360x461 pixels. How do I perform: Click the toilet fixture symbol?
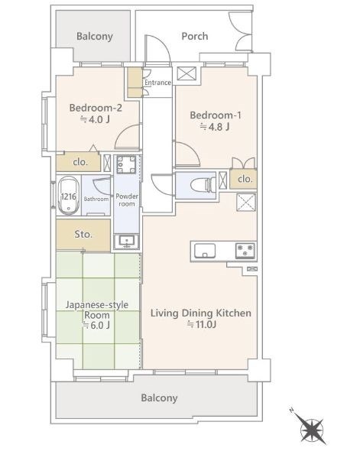(203, 186)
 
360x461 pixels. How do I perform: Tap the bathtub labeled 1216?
(69, 195)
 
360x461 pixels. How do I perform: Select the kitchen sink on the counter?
(205, 251)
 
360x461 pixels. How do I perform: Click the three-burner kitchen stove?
(245, 251)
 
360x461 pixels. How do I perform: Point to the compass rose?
(311, 429)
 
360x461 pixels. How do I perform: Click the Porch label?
(195, 36)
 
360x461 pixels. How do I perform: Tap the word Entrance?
(157, 83)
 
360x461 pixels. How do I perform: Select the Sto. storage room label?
(83, 234)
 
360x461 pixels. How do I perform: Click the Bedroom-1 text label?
(215, 115)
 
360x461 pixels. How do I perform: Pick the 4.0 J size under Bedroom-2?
(96, 119)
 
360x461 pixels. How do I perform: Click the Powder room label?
(127, 200)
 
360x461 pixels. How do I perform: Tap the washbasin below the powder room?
(127, 242)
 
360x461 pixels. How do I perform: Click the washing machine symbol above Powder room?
(127, 164)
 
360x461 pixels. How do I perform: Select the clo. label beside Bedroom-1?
(245, 178)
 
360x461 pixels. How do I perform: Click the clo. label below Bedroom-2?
(80, 162)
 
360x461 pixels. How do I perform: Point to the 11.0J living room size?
(202, 324)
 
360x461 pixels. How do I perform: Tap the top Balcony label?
(94, 36)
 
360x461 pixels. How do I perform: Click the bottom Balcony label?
(159, 398)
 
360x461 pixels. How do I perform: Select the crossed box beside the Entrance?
(186, 73)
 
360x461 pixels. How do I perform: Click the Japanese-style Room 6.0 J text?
(96, 315)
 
